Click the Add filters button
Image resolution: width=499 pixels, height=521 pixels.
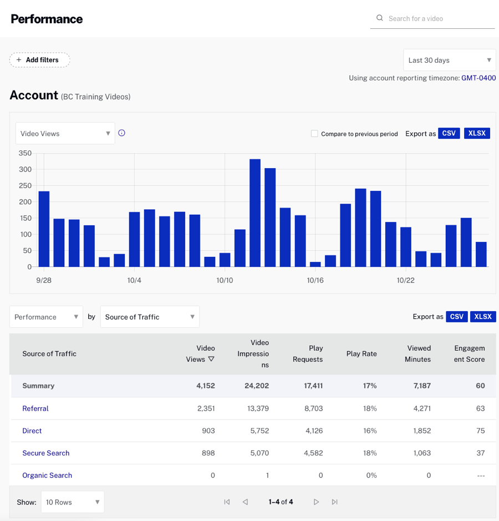[39, 60]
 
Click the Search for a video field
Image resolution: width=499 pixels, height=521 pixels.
[432, 18]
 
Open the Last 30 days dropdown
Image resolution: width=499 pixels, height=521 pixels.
[449, 60]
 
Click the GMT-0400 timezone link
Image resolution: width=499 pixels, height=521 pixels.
[478, 78]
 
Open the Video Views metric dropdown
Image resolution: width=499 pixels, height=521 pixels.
[65, 134]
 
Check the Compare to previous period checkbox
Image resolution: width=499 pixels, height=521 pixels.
[314, 134]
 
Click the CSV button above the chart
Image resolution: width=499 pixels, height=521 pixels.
[449, 134]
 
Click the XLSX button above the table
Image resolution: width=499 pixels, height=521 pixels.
[483, 317]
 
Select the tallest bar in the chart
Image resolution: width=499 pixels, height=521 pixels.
[255, 213]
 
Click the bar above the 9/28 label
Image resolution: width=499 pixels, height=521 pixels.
[44, 229]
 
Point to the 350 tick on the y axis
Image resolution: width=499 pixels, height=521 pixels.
[25, 153]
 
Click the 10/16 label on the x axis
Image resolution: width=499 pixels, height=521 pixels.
[315, 281]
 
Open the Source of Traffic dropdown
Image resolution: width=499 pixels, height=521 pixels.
[150, 317]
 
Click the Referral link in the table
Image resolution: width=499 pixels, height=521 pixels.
[35, 408]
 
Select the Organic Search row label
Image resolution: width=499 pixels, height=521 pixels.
[47, 476]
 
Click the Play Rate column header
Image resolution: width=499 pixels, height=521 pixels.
[361, 354]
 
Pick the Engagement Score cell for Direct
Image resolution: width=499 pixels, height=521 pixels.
[480, 431]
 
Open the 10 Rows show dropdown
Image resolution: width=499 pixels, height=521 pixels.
[73, 502]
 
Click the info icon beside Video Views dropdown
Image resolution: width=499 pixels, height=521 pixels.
[122, 133]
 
